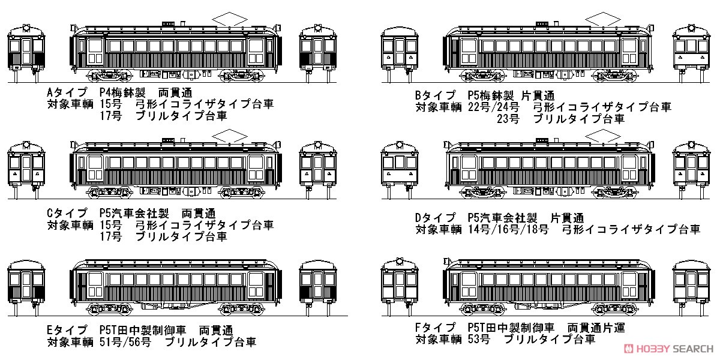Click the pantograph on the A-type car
[x=230, y=19]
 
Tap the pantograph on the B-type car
[x=603, y=19]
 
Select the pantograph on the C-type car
[x=230, y=136]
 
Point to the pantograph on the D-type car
[x=603, y=136]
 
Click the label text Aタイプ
[x=67, y=93]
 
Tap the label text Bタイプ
[x=436, y=95]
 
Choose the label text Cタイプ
[x=67, y=213]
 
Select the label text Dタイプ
[x=436, y=218]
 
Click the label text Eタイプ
[x=67, y=330]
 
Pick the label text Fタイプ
[x=436, y=328]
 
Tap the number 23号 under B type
[x=508, y=119]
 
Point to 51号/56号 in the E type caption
[x=125, y=342]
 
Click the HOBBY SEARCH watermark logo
[x=668, y=349]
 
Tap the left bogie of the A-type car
[x=109, y=76]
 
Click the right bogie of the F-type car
[x=614, y=309]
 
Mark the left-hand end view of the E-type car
[x=26, y=287]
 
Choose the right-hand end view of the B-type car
[x=691, y=53]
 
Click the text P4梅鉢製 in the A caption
[x=122, y=93]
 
